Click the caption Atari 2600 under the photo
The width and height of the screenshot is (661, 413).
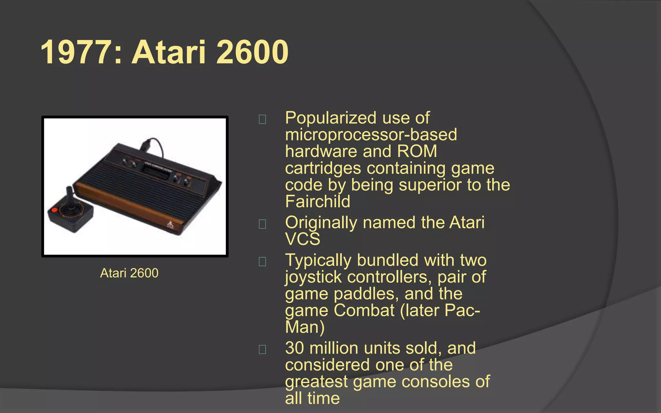[x=129, y=273]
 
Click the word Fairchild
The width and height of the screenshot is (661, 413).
[x=318, y=202]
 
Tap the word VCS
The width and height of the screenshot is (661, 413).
[x=302, y=239]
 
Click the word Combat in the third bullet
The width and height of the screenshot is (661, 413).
[x=364, y=310]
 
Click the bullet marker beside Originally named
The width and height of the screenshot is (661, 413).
[x=262, y=224]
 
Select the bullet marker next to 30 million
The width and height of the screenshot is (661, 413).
[x=262, y=349]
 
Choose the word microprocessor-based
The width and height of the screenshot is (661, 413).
[x=371, y=135]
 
